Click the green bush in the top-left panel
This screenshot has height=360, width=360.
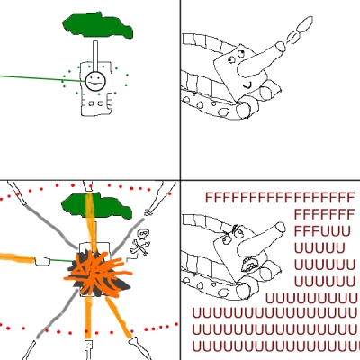(97, 25)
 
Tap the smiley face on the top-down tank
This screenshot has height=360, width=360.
(95, 81)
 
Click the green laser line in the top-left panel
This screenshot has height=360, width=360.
(42, 78)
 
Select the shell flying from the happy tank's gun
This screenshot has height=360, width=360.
(300, 29)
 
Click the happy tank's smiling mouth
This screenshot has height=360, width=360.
(247, 85)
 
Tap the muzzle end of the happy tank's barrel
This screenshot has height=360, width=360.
(281, 47)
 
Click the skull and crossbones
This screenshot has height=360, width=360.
(140, 243)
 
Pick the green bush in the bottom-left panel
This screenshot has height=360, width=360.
(96, 206)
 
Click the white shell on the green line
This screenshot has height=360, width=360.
(42, 261)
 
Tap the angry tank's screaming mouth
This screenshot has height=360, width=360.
(249, 264)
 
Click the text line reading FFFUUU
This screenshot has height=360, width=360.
(322, 232)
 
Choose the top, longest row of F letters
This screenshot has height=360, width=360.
(280, 198)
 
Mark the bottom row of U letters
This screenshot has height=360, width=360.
(276, 346)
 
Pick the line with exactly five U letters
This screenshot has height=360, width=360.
(319, 248)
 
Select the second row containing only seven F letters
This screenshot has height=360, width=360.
(325, 214)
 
